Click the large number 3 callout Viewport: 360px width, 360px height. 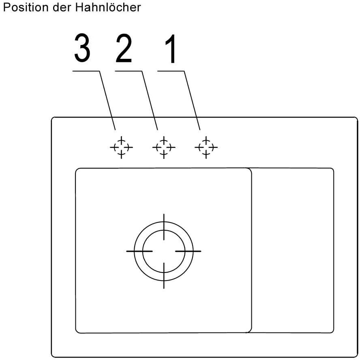(x=82, y=49)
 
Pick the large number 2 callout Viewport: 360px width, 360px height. (x=124, y=49)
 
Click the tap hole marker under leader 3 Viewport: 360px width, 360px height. (x=121, y=147)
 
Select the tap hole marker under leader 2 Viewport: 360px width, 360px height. (x=163, y=147)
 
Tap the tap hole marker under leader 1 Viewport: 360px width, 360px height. (x=206, y=147)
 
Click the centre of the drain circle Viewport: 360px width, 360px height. (x=164, y=251)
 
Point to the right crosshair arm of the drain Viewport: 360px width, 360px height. (x=189, y=251)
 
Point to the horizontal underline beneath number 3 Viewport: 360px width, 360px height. (x=86, y=71)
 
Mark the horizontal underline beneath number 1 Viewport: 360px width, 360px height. (x=171, y=71)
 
